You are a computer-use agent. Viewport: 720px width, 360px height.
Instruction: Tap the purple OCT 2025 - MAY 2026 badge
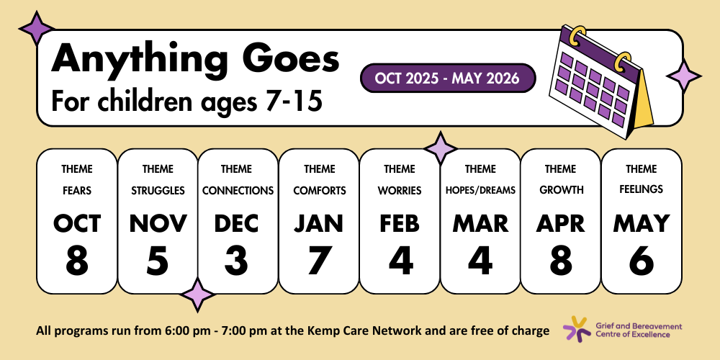tap(448, 78)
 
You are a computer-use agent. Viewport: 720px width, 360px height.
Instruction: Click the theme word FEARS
tap(77, 190)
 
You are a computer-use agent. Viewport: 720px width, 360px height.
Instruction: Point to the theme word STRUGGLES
tap(158, 190)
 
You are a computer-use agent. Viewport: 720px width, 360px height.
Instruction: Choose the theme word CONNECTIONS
tap(238, 190)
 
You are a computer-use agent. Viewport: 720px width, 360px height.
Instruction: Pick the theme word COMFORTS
tap(319, 190)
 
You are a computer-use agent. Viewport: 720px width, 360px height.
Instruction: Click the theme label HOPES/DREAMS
tap(480, 190)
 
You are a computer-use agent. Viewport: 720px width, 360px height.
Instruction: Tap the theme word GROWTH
tap(561, 190)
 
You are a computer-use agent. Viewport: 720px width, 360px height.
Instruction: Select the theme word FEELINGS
tap(642, 189)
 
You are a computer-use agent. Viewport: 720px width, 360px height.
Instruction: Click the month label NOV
tap(158, 224)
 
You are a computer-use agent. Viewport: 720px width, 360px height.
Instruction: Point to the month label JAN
tap(319, 224)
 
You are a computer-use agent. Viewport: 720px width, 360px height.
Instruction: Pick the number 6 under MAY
tap(642, 261)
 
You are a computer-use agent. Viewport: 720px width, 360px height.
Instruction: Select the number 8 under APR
tap(561, 261)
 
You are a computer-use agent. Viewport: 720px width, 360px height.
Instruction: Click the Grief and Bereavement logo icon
tap(577, 328)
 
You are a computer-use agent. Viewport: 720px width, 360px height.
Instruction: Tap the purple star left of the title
tap(36, 29)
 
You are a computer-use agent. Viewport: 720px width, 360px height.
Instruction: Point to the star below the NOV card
tap(197, 294)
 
